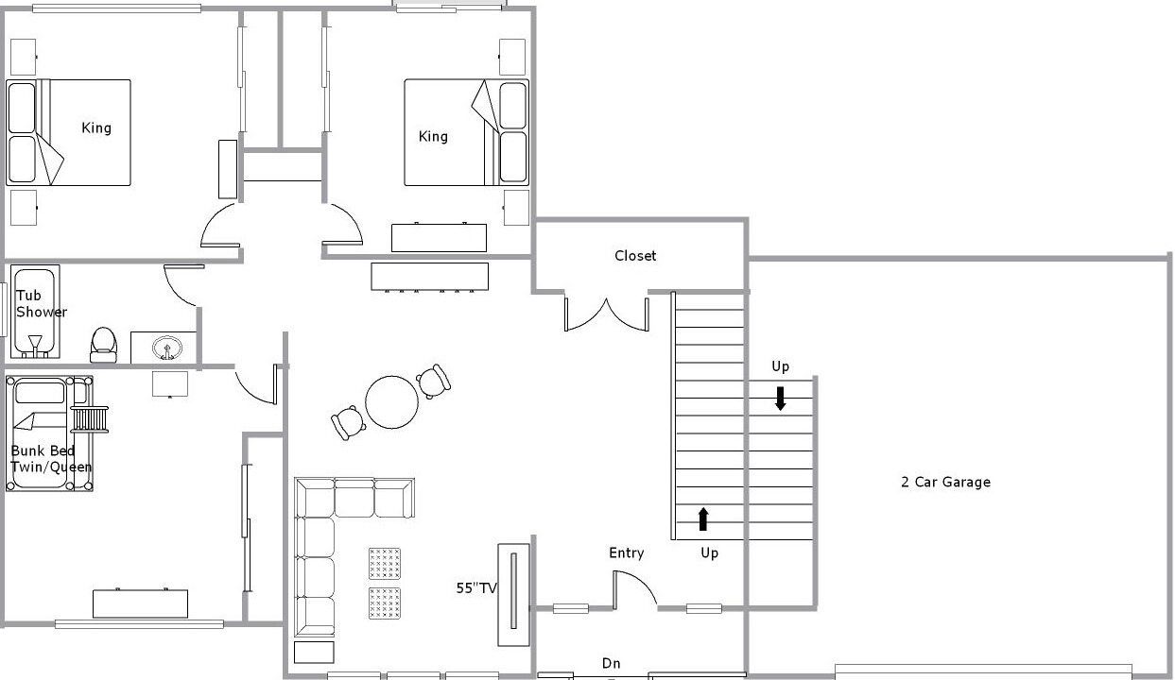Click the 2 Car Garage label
coord(946,482)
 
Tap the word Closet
coord(635,256)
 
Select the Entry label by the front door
coord(627,553)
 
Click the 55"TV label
coord(476,588)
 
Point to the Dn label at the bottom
coord(611,663)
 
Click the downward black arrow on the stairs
coord(780,399)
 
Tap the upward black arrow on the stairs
coord(703,518)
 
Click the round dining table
coord(392,402)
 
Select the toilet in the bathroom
coord(103,346)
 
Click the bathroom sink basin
coord(167,348)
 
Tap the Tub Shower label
coord(41,304)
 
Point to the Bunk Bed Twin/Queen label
coord(51,459)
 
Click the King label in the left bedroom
coord(96,128)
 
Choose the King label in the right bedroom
coord(433,137)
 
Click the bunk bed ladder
coord(90,419)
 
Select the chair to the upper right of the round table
coord(433,381)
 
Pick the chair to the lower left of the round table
coord(348,423)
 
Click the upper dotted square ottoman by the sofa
coord(385,564)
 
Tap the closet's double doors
coord(606,314)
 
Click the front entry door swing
coord(633,589)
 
